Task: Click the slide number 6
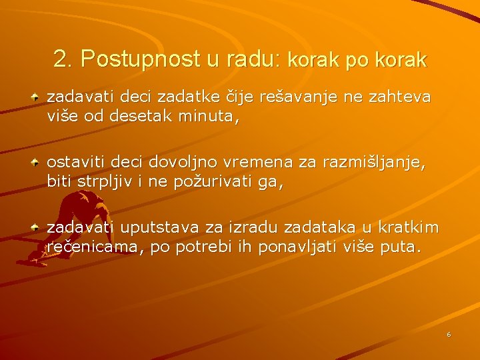(x=449, y=334)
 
